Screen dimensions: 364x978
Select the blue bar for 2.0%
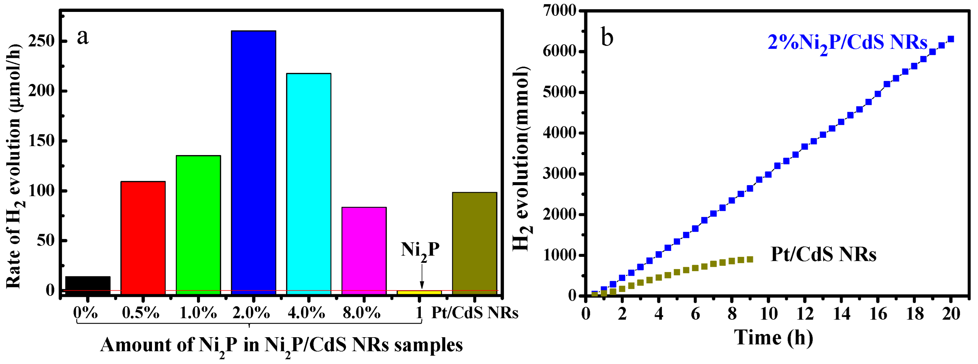[254, 161]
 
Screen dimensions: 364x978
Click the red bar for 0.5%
[143, 237]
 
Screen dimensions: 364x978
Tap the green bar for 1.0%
[198, 224]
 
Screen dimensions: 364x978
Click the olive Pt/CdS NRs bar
[474, 242]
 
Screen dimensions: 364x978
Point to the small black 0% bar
[88, 284]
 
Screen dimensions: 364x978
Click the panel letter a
[83, 37]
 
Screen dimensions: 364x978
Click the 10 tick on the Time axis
[768, 313]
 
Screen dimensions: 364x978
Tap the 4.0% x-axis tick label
[306, 313]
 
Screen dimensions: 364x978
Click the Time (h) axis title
[773, 338]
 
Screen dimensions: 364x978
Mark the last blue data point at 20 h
[951, 39]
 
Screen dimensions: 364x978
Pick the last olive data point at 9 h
[750, 259]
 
